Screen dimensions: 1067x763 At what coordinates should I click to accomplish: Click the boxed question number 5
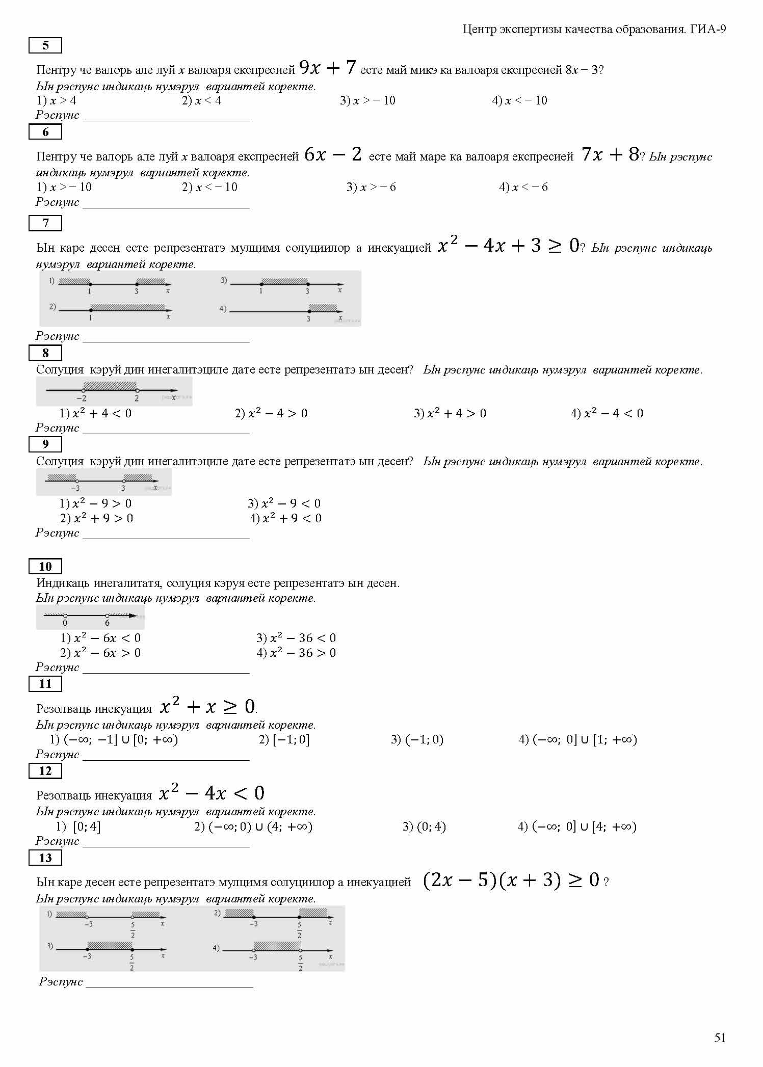45,45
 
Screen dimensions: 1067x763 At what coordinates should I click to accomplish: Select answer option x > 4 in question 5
57,101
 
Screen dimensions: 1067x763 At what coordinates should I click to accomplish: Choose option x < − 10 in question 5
520,101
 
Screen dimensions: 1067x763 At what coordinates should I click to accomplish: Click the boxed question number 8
45,353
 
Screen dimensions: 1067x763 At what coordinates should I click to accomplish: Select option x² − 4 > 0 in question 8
271,413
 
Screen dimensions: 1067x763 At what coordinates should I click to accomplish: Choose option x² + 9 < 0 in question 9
285,519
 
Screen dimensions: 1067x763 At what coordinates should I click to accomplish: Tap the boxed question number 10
45,566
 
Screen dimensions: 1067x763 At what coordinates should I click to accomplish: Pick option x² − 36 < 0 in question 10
296,638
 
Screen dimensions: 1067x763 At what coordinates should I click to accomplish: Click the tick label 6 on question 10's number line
107,623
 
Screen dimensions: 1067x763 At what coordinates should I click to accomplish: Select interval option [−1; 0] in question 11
284,739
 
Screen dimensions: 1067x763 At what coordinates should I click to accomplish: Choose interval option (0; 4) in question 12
424,826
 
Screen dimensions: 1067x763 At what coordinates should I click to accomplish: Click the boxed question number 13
45,858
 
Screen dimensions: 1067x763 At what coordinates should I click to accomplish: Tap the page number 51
720,1038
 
